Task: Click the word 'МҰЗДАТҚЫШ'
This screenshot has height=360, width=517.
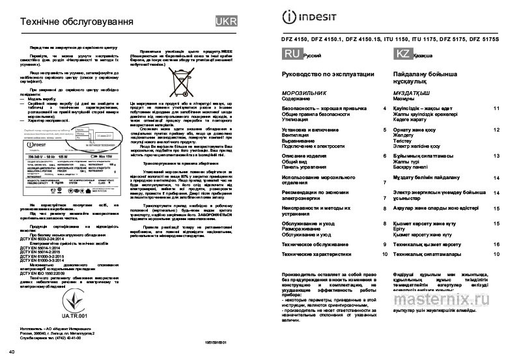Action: click(x=410, y=94)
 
